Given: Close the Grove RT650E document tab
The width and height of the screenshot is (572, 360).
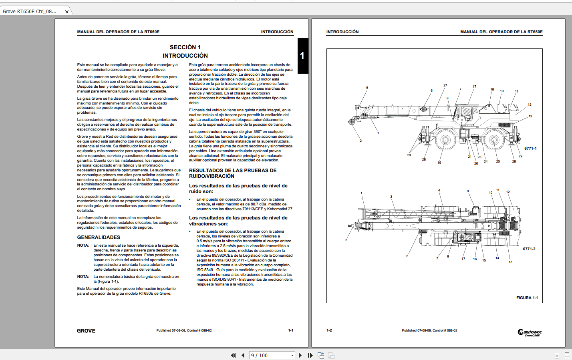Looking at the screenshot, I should click(x=67, y=12).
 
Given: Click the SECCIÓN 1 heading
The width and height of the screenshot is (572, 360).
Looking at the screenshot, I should click(x=185, y=47).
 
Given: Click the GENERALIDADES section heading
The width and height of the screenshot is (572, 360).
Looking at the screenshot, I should click(x=99, y=237).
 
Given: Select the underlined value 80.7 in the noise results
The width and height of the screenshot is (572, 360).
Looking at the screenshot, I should click(x=254, y=204).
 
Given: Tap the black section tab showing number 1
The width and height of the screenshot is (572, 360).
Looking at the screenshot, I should click(x=302, y=56).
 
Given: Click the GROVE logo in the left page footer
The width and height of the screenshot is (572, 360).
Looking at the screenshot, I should click(x=86, y=331).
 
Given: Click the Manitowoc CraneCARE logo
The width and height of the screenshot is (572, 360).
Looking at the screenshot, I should click(x=530, y=332).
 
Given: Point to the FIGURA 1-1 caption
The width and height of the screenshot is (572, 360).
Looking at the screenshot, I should click(x=527, y=298).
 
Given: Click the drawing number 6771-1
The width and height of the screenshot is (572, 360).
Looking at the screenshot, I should click(x=530, y=149).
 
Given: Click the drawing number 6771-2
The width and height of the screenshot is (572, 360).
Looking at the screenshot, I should click(x=529, y=249).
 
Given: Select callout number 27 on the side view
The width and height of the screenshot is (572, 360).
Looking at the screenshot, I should click(x=445, y=85).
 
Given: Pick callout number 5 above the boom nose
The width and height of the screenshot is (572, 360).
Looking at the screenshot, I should click(x=367, y=88).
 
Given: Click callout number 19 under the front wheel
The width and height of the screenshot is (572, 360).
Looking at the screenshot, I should click(x=439, y=163).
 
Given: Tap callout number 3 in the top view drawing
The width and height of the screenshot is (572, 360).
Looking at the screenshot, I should click(x=391, y=197).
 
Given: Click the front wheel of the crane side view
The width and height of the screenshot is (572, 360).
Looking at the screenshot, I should click(x=445, y=140).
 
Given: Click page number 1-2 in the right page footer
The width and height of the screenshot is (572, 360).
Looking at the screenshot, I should click(x=329, y=330).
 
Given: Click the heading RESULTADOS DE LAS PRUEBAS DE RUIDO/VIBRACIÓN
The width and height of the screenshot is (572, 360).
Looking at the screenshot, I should click(x=233, y=173).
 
